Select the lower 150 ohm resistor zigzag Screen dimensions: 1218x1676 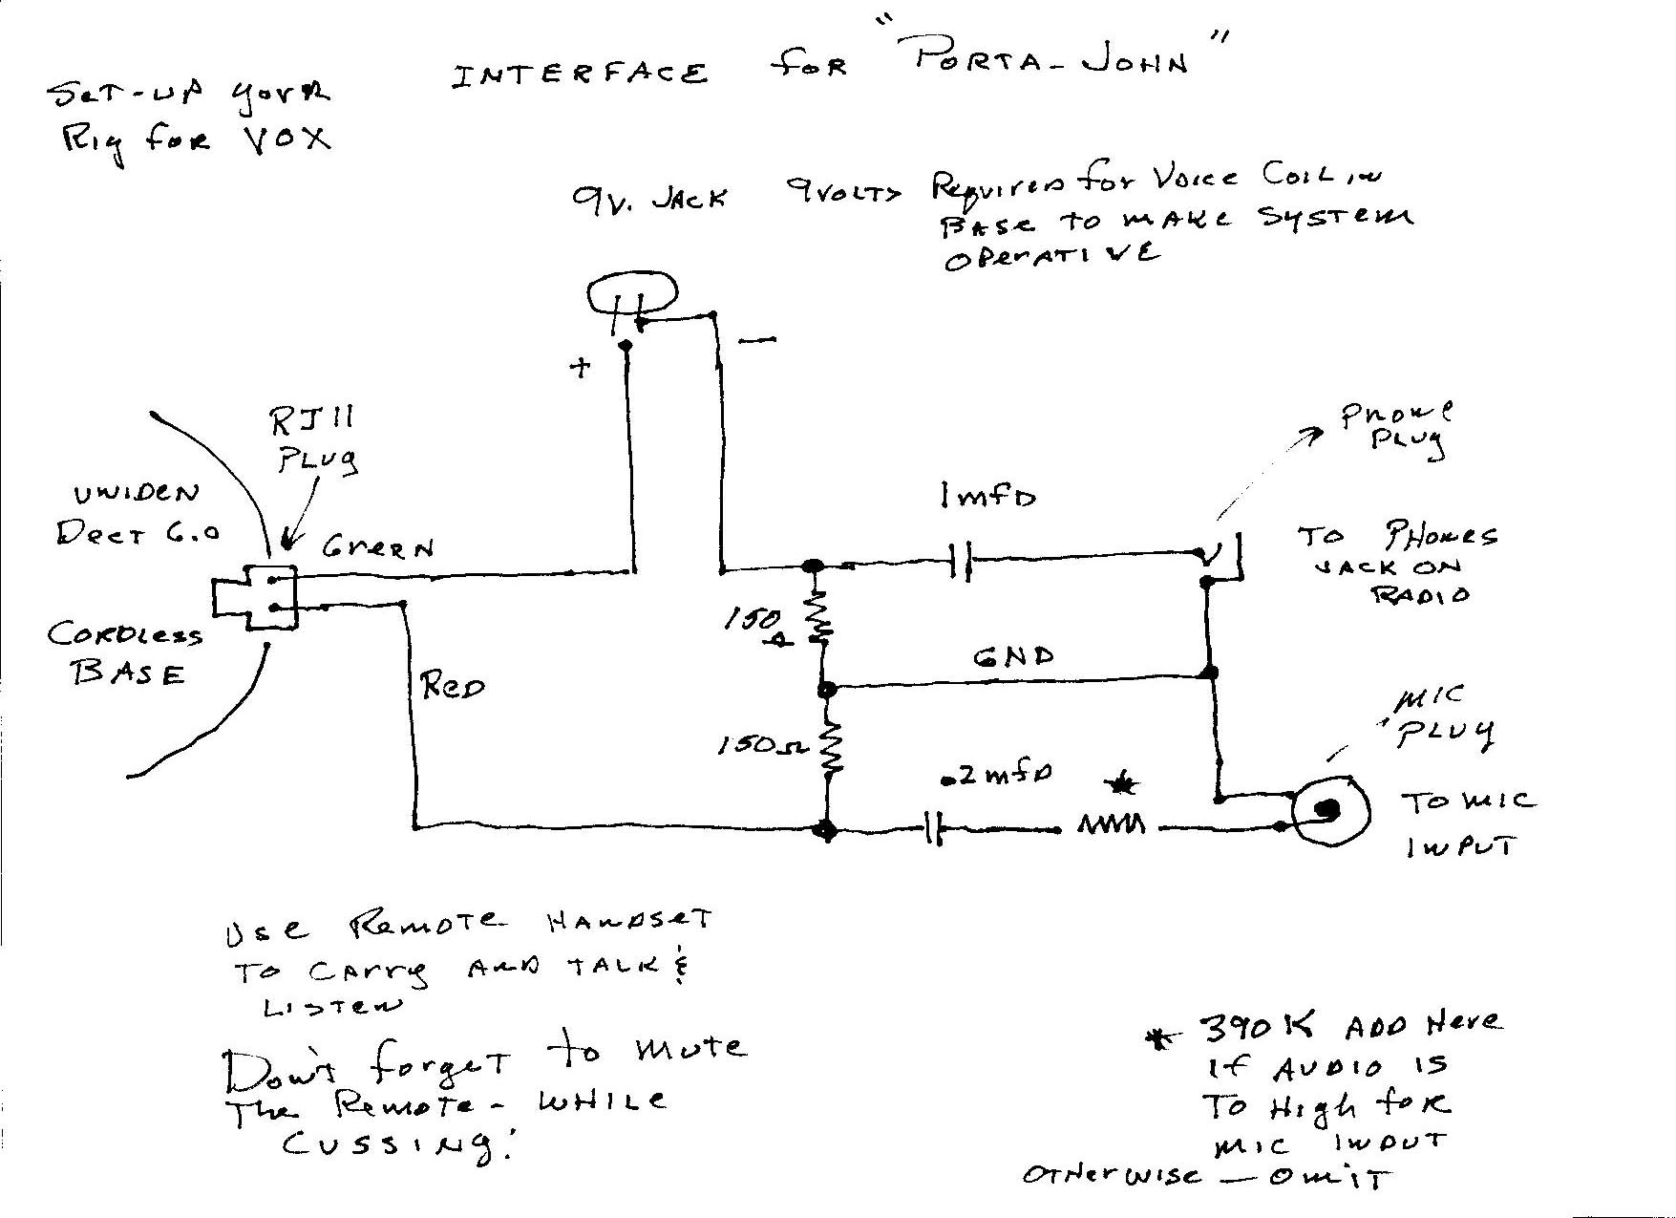pyautogui.click(x=831, y=745)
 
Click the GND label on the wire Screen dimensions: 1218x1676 pyautogui.click(x=1013, y=657)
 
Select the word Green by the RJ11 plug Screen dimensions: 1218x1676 pyautogui.click(x=377, y=547)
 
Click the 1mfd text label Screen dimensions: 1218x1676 pyautogui.click(x=987, y=497)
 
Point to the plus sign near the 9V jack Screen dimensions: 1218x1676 pyautogui.click(x=580, y=368)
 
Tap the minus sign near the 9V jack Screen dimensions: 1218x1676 pyautogui.click(x=757, y=339)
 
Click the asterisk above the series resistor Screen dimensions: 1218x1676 pyautogui.click(x=1122, y=785)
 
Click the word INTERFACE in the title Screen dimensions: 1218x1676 pyautogui.click(x=580, y=75)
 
